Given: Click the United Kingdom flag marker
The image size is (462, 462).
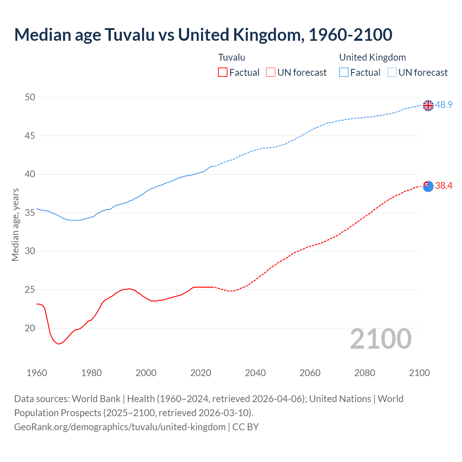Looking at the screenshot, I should coord(428,105).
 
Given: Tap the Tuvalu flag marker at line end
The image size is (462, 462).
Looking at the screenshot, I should coord(428,186).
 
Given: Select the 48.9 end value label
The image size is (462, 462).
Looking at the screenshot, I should coord(444,105).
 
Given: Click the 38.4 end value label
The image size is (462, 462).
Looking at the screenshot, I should coord(444,186).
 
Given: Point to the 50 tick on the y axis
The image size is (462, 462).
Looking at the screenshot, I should coord(30,97).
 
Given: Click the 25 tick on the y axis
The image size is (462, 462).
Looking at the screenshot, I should coord(30,289).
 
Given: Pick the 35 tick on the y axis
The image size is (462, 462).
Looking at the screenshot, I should coord(30,213).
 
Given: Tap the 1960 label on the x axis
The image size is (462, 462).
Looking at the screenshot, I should coord(37,373).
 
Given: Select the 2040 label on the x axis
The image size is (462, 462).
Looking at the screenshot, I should coord(255,373).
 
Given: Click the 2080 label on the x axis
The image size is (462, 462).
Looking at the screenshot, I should coord(365,373).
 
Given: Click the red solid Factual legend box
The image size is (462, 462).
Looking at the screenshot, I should coord(223,73).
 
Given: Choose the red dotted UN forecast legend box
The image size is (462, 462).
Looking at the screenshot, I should coord(271,73).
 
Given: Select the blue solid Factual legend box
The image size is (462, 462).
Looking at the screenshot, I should coord(344,73).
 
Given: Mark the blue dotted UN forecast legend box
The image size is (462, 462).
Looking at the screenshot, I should coord(392,73).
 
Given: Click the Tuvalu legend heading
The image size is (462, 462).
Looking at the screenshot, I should coord(232,57).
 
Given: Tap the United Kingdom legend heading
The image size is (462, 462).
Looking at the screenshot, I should coord(372,57).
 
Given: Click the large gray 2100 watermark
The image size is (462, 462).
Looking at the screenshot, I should coord(381,339).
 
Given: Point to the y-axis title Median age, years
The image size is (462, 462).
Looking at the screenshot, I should coord(15,225).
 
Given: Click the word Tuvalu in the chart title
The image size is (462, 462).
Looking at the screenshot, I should coord(129,35).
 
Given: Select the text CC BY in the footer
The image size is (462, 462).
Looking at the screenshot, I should coord(245,427).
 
